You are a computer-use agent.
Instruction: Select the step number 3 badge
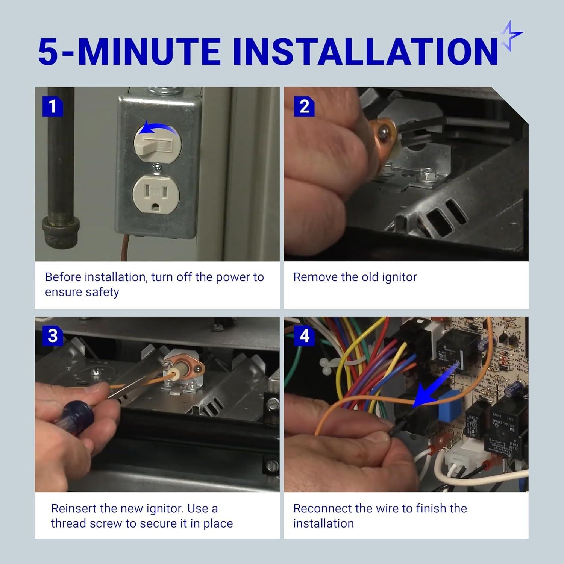point(52,335)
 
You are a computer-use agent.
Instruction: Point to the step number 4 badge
point(304,335)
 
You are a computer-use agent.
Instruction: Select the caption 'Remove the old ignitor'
point(355,277)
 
